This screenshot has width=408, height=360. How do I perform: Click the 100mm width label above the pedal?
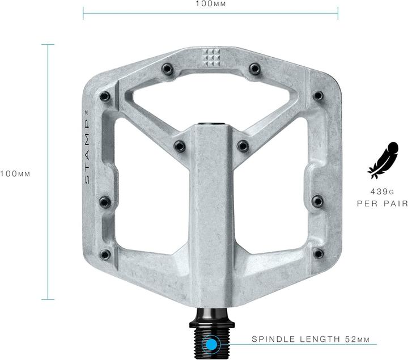coord(210,3)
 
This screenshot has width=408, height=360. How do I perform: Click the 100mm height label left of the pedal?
coord(15,173)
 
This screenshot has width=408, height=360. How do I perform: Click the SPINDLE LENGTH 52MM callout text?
coord(311,340)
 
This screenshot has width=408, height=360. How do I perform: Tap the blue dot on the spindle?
coord(212,344)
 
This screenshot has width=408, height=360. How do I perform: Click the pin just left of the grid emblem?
coord(167,69)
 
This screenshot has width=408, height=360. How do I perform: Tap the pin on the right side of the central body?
coord(244,146)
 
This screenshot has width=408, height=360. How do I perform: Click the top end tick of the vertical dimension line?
coord(48,44)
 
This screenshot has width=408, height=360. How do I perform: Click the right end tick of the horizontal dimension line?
coord(338,12)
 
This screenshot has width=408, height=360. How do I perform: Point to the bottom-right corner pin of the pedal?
coord(318,253)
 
